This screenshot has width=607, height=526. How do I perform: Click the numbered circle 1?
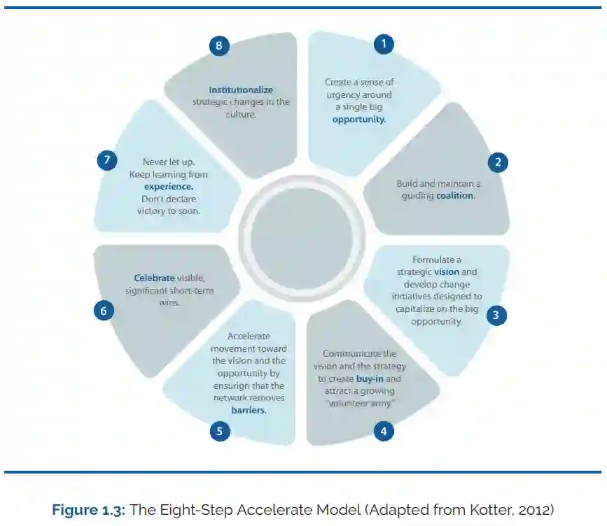click(x=383, y=44)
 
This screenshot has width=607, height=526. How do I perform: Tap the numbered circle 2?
click(x=498, y=163)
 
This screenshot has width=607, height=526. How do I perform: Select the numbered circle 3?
click(x=496, y=315)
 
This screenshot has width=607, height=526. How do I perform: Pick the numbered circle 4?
click(x=383, y=431)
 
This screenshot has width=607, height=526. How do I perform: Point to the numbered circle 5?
click(x=220, y=431)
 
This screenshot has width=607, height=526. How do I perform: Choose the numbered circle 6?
click(x=104, y=311)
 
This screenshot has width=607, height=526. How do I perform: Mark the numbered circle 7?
click(x=106, y=160)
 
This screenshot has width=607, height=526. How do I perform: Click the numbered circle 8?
click(x=219, y=45)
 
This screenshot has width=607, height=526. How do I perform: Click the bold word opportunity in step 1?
click(x=358, y=120)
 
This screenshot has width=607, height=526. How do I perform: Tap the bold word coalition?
click(x=455, y=196)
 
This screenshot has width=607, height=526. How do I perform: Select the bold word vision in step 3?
click(x=446, y=271)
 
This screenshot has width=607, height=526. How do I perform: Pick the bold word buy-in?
click(x=369, y=378)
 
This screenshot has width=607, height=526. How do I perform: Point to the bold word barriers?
click(x=249, y=411)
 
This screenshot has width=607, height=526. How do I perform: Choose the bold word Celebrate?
click(x=154, y=278)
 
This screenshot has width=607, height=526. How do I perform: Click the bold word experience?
click(x=169, y=187)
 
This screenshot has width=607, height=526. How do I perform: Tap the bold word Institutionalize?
click(x=241, y=90)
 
